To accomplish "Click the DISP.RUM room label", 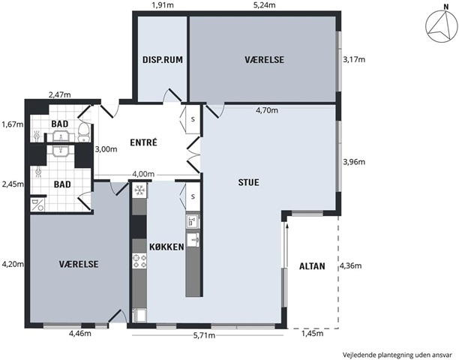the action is point(163,60).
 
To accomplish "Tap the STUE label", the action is point(248,182).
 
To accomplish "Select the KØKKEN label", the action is point(166,247).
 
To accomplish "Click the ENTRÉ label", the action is point(143,142).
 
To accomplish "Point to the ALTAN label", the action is point(312,266).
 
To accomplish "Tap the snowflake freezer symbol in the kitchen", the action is point(139,190).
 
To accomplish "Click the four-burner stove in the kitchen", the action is point(139,261).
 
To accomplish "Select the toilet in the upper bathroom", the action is point(84,132).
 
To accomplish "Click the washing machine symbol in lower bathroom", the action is point(37,205).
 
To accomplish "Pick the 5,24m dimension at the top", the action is point(264,5).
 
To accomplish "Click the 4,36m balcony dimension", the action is point(350,265).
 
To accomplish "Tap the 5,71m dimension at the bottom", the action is point(204,335).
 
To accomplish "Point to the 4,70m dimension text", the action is point(267,110).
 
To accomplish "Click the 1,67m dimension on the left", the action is point(12,124).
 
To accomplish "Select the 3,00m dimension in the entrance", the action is point(106,149).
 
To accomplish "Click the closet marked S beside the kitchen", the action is point(193,196).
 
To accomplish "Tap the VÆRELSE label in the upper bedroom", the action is point(264,60).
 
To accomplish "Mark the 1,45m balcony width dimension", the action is point(312,333).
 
